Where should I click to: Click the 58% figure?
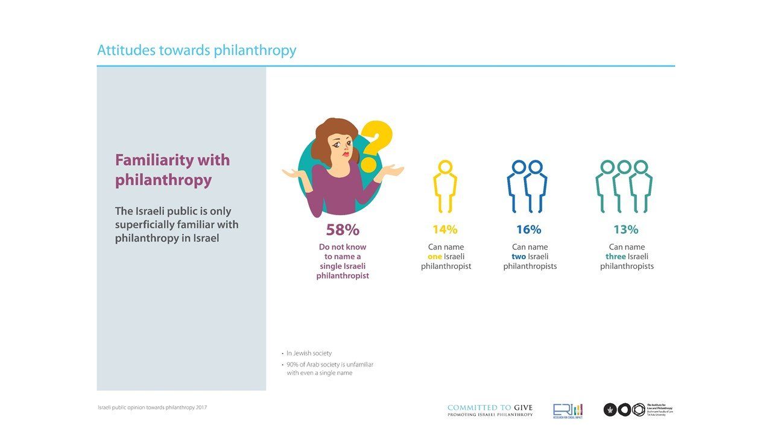tap(343, 230)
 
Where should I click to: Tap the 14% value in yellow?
tap(445, 230)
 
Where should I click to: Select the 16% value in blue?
tap(528, 230)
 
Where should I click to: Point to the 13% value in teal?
tap(625, 230)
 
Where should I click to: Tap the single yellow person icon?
tap(445, 186)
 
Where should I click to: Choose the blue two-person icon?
tap(527, 186)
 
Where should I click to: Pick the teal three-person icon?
tap(624, 186)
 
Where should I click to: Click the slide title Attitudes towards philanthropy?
tap(197, 50)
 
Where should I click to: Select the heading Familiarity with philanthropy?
tap(172, 170)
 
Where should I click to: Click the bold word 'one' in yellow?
tap(434, 257)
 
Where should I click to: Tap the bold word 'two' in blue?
tap(519, 257)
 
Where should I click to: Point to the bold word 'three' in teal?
tap(615, 257)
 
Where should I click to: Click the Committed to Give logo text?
tap(490, 410)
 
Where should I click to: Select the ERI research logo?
tap(568, 410)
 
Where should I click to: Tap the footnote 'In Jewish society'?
tap(308, 353)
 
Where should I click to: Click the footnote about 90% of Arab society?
tap(329, 369)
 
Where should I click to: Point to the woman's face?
tap(341, 144)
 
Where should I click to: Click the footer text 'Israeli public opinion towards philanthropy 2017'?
tap(152, 407)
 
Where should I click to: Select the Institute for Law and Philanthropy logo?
tap(638, 410)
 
